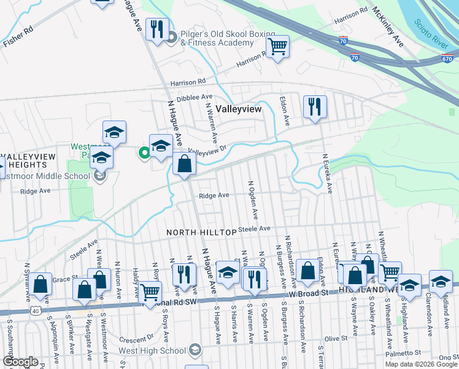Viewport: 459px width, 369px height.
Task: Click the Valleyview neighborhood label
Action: [239, 108]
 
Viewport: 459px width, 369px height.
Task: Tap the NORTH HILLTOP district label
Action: [201, 232]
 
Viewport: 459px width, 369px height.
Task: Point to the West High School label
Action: [158, 351]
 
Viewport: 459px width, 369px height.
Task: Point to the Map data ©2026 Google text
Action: [422, 364]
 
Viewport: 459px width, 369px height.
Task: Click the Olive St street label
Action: [335, 338]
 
